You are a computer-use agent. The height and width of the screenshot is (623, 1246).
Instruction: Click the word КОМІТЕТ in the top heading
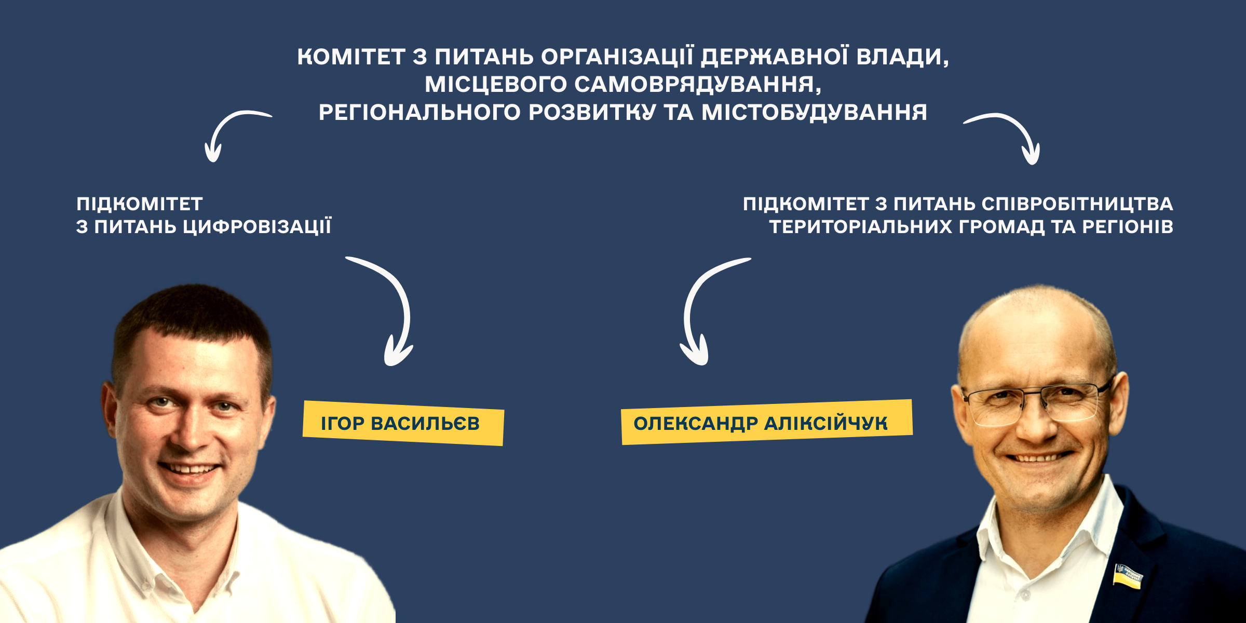(351, 57)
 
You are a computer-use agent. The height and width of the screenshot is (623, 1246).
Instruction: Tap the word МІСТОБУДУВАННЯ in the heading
(814, 113)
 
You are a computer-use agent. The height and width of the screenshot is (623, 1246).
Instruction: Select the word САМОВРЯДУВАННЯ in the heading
(698, 85)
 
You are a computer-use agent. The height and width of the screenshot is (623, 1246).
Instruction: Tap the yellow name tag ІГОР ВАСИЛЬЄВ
(403, 423)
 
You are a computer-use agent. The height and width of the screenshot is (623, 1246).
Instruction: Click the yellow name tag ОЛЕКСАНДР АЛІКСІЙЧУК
(767, 422)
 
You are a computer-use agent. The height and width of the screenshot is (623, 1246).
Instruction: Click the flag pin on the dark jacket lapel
(1128, 577)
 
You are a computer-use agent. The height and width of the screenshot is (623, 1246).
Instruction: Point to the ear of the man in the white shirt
(110, 410)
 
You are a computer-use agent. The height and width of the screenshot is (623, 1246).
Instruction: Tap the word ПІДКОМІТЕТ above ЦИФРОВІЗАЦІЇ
(140, 204)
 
